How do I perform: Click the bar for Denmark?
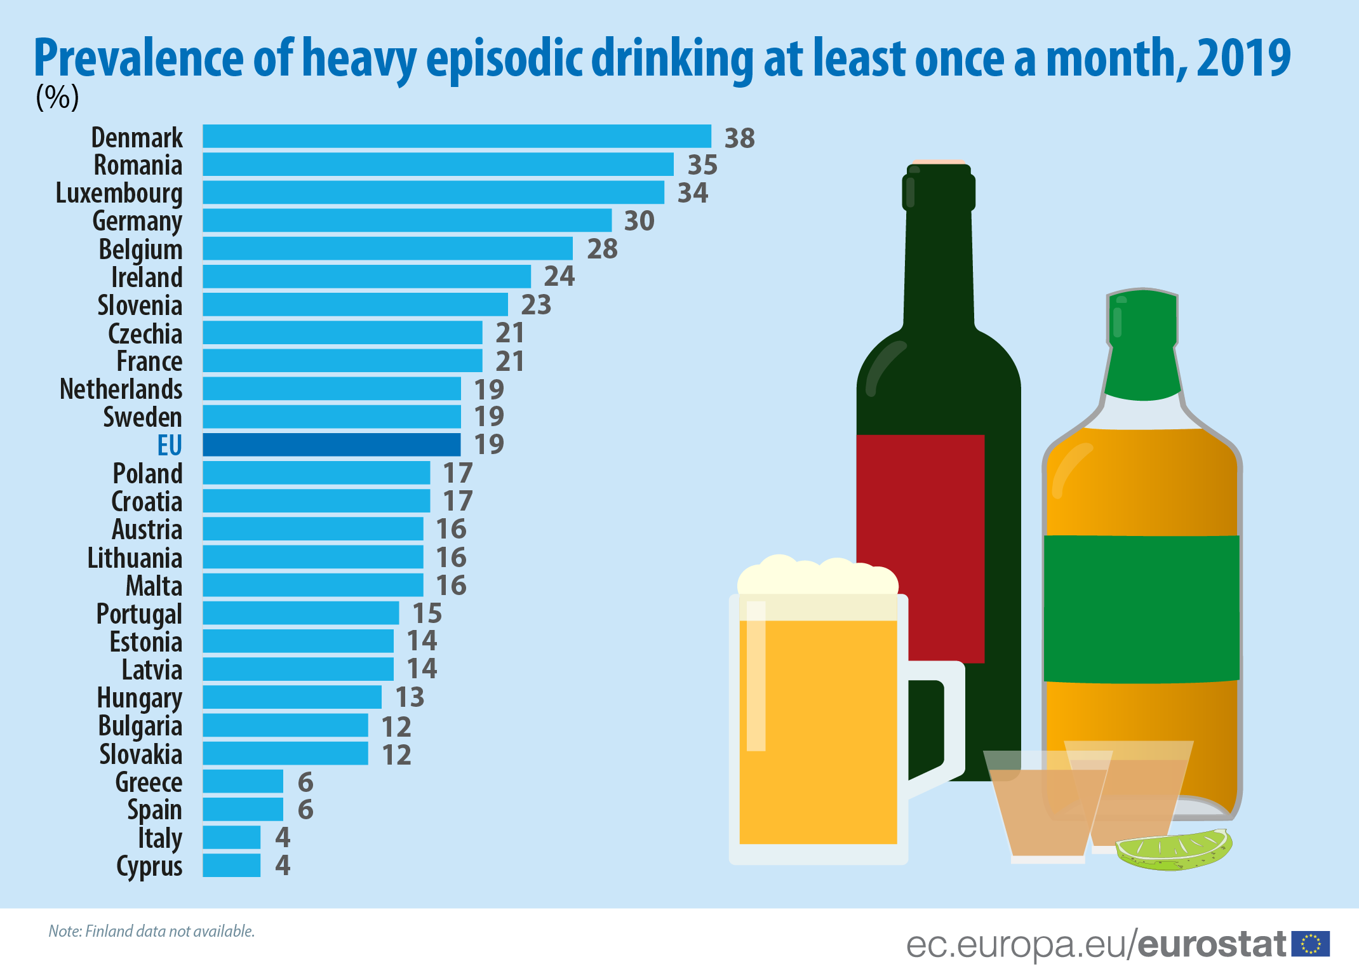click(x=457, y=137)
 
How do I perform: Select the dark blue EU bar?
click(x=331, y=445)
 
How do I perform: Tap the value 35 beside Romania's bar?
click(x=702, y=165)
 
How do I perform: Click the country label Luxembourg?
click(x=119, y=194)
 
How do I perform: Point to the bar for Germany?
click(x=406, y=220)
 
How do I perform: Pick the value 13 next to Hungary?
click(x=410, y=697)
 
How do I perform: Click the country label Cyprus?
click(x=149, y=866)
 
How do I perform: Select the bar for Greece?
click(x=243, y=781)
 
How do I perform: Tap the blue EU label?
click(x=170, y=445)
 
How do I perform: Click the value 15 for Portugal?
click(x=427, y=613)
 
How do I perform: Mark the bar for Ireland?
click(x=366, y=277)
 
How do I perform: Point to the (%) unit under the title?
click(x=57, y=97)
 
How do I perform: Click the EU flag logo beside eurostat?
click(x=1310, y=944)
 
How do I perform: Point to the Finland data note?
click(x=151, y=931)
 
